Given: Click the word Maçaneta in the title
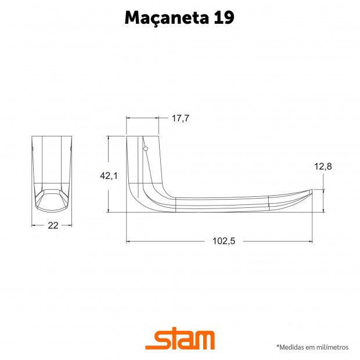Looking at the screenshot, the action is point(167,18).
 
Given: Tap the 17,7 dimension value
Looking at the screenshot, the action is point(181,118).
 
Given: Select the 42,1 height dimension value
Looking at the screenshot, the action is point(109,175).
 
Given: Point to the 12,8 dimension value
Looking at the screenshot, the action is point(323,167).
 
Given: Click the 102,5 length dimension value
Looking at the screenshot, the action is point(224,241).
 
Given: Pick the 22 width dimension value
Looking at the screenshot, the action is point(53,226).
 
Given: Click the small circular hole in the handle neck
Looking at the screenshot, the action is point(146,149).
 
